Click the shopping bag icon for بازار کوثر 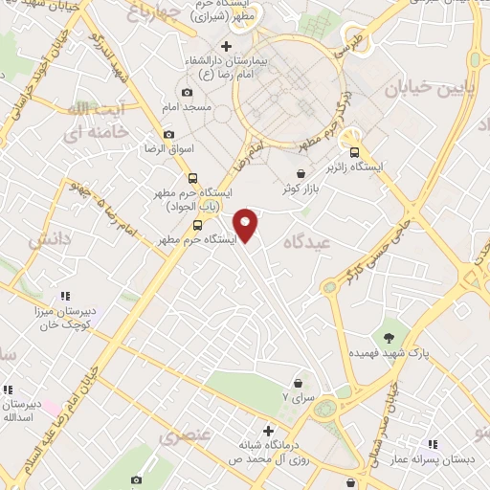pos(302,173)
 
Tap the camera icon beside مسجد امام pos(187,93)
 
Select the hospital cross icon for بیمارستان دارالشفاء pos(226,46)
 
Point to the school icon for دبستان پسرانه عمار pos(433,444)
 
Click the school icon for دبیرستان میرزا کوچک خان pos(65,297)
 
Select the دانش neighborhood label pos(51,240)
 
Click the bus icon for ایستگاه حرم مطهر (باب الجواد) pos(194,178)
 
